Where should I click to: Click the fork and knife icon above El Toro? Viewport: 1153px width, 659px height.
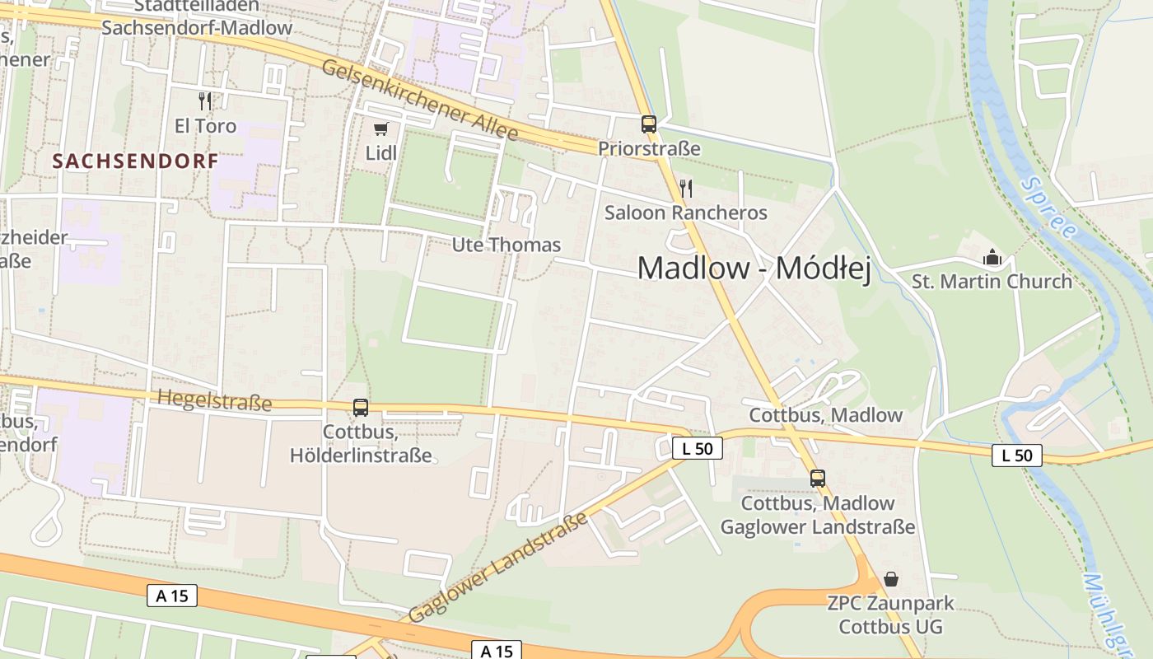(205, 101)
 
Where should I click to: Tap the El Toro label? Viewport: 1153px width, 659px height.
(205, 126)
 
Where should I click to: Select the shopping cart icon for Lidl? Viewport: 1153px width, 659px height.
(380, 129)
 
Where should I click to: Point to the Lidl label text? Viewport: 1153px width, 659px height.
(381, 153)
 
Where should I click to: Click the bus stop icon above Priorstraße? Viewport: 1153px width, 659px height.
(649, 124)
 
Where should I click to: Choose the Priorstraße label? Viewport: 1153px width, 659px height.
(649, 149)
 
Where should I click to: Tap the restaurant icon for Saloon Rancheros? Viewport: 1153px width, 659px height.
(685, 189)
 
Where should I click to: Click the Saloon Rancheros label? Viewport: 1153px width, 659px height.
(685, 213)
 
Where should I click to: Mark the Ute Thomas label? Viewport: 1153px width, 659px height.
(506, 245)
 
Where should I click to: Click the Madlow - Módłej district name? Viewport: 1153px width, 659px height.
(754, 269)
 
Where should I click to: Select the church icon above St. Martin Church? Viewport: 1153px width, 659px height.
(992, 258)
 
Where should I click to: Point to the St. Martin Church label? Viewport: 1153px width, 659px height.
(992, 282)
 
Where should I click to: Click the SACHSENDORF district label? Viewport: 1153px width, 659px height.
(136, 161)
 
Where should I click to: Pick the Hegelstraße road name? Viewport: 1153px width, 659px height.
(213, 401)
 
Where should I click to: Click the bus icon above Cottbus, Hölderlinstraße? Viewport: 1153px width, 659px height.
(361, 407)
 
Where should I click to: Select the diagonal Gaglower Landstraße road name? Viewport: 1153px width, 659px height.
(498, 567)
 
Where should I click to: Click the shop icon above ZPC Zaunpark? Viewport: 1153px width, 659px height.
(890, 579)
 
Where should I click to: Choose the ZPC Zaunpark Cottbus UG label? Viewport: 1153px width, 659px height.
(890, 615)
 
